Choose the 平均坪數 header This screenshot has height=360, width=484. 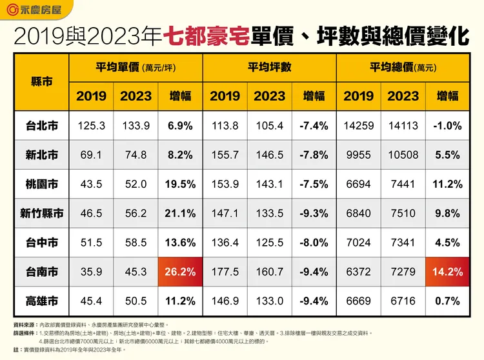coord(269,67)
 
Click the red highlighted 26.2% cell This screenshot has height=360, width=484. coord(181,272)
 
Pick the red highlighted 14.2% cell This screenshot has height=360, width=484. coord(447,272)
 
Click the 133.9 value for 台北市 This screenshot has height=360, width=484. coord(136,126)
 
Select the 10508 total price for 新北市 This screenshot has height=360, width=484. coord(403,155)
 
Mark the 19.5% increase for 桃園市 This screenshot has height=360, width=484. coord(181,185)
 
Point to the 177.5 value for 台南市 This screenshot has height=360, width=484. coord(225,272)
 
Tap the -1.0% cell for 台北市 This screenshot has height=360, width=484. coord(447,126)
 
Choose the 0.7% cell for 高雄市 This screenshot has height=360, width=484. coord(447,301)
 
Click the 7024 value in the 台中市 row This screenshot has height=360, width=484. coord(358,243)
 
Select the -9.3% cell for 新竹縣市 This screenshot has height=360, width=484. coord(314,214)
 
